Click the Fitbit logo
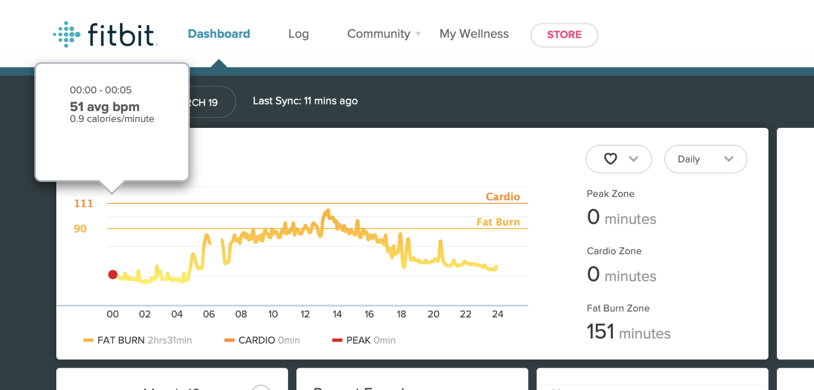tap(106, 35)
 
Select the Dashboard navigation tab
tap(219, 34)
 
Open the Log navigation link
tap(298, 34)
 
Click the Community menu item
tap(379, 34)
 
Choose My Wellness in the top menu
tap(474, 34)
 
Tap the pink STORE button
tap(564, 35)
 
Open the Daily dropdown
tap(705, 159)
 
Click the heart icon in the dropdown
tap(610, 158)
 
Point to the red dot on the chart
tap(113, 274)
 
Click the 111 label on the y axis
tap(83, 203)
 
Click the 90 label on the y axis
tap(80, 229)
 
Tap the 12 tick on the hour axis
tap(305, 314)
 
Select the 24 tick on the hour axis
tap(497, 314)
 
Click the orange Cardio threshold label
tap(503, 196)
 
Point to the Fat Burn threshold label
tap(498, 222)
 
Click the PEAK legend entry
tap(364, 340)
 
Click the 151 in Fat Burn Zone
tap(600, 331)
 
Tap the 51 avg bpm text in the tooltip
tap(105, 107)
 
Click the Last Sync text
tap(305, 101)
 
